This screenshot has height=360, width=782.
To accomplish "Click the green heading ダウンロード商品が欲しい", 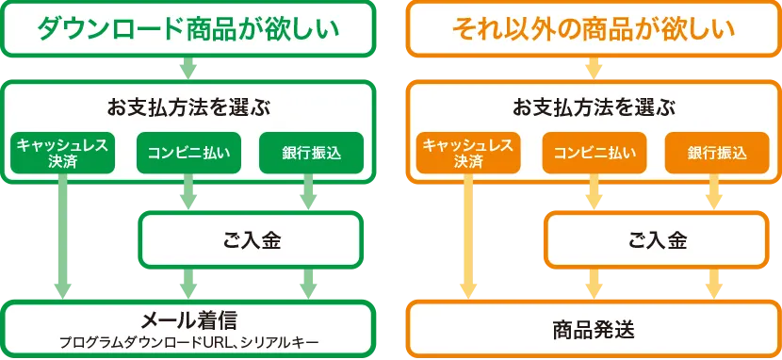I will point(187,30).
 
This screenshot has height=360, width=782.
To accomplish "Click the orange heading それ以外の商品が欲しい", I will point(593,30).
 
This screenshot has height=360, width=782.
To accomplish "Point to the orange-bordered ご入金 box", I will point(657,238).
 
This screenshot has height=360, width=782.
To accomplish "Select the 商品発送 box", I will point(593,329).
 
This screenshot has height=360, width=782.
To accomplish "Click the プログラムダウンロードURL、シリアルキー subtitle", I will point(187,340).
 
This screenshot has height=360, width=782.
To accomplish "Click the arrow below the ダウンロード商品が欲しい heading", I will point(188,68).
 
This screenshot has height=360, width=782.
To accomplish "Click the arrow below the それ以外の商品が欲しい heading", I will point(593,68).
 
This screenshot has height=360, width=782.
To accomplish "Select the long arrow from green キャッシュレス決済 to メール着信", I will point(63,236).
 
